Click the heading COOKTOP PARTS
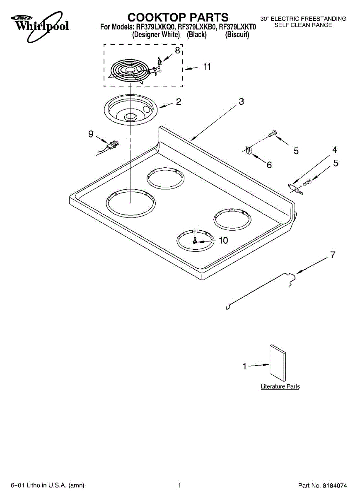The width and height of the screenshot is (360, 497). [x=178, y=17]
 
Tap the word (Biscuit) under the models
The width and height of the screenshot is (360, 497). [x=237, y=35]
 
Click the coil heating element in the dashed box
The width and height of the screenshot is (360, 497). [x=131, y=71]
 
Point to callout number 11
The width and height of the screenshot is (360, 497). [x=207, y=67]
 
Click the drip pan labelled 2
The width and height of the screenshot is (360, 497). [x=131, y=109]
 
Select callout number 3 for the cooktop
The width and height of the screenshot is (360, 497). [x=241, y=101]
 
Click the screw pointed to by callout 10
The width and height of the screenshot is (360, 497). [x=195, y=241]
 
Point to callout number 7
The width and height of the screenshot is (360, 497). [x=333, y=255]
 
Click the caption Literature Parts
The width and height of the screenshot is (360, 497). [x=280, y=386]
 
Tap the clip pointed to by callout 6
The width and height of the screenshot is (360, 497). [x=249, y=150]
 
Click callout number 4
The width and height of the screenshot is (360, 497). [x=335, y=150]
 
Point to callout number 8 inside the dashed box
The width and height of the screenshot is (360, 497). [x=177, y=51]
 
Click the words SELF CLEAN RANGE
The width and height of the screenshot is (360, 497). [x=303, y=25]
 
